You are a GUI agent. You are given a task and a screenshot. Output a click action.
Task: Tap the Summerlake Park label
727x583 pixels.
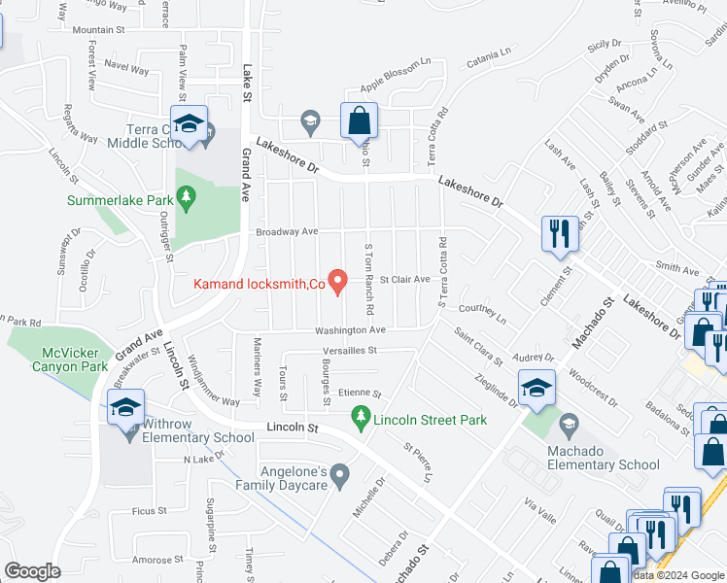120,200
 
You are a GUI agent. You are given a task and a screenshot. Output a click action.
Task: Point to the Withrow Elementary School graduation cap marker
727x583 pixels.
127,407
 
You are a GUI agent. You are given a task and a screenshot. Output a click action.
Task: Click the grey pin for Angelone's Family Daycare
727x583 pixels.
339,475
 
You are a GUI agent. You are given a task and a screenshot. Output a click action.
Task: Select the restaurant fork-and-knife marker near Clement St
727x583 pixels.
560,234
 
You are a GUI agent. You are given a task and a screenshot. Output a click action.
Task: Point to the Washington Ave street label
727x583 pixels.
350,330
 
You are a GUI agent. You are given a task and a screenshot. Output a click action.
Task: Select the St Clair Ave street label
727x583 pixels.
404,279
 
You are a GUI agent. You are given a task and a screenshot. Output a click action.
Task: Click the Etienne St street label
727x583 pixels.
360,394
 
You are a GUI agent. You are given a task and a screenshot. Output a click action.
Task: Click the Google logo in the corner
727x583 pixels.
32,571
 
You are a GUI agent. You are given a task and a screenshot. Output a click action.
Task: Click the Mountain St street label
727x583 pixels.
100,30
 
